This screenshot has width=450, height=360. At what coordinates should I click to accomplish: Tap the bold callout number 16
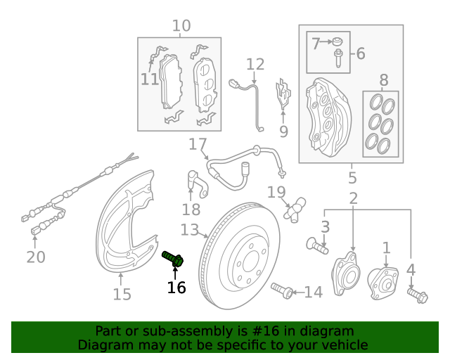[x=176, y=287]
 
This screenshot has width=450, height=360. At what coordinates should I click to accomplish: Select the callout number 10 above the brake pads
[x=181, y=27]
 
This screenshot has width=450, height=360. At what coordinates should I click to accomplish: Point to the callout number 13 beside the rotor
[x=190, y=230]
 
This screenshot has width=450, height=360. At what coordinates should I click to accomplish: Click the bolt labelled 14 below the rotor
[x=281, y=290]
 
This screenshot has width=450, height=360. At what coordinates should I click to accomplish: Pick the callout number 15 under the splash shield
[x=122, y=294]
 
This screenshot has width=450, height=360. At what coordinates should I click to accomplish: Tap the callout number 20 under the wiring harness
[x=36, y=257]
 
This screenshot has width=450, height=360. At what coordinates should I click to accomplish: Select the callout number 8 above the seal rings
[x=383, y=80]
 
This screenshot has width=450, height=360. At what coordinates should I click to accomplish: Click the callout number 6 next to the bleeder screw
[x=360, y=53]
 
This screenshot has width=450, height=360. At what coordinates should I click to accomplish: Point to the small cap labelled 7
[x=338, y=41]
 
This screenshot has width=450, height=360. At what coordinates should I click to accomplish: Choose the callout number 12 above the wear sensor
[x=255, y=65]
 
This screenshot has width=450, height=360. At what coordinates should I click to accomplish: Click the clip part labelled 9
[x=283, y=95]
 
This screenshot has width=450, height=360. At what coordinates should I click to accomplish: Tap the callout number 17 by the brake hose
[x=198, y=146]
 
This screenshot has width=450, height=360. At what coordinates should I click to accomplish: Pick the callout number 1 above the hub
[x=386, y=247]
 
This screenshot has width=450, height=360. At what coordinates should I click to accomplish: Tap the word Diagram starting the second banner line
[x=105, y=345]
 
